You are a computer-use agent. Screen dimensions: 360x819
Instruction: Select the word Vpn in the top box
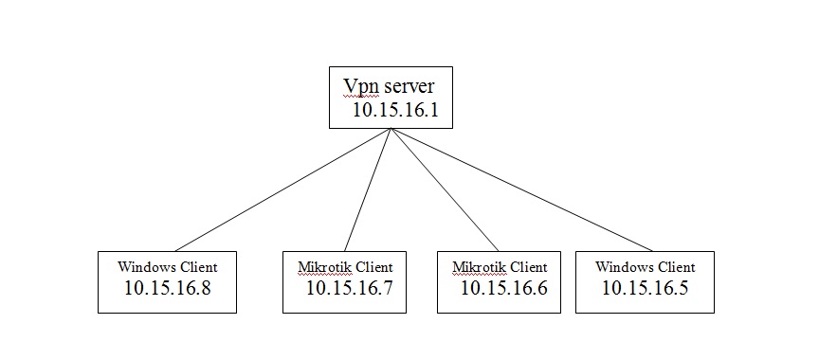(360, 86)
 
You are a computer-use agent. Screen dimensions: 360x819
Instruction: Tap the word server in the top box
(409, 86)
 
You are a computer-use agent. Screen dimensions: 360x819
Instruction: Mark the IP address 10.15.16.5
(645, 288)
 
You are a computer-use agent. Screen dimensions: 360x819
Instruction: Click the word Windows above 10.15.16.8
(144, 267)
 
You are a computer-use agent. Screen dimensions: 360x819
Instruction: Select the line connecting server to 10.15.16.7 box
(368, 189)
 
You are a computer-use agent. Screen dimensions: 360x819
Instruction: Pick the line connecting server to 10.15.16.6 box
(444, 189)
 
